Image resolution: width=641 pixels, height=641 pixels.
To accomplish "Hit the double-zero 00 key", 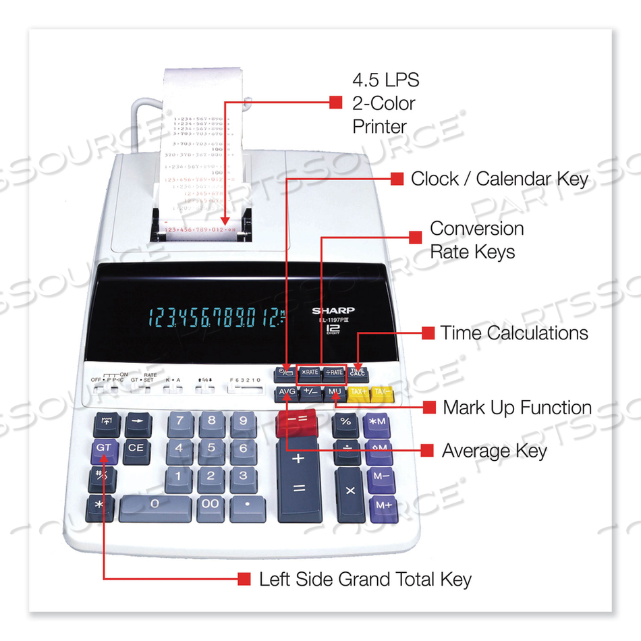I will point(211,505).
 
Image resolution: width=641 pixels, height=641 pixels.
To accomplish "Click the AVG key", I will point(286,392).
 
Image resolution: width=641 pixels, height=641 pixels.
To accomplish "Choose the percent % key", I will point(345,422).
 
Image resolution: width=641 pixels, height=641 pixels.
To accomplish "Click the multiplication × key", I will point(350,491).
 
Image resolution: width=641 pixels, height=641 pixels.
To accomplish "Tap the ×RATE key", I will point(310,372).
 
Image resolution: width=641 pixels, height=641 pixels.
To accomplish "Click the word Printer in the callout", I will point(380,126).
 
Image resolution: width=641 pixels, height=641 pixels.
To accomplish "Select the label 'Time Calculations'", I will point(514,333).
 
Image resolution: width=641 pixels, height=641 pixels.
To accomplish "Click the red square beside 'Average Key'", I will point(426,450).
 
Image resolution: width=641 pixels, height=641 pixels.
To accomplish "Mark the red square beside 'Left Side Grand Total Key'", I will point(244,579).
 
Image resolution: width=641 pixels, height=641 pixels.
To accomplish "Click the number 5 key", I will point(211,448).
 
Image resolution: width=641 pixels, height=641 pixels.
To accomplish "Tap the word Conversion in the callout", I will point(477,229).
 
